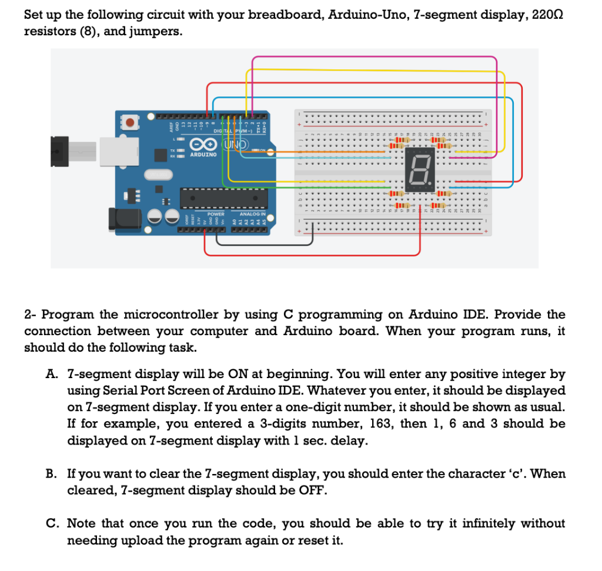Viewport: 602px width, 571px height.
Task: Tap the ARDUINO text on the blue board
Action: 203,155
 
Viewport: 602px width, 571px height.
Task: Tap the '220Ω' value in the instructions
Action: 551,15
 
